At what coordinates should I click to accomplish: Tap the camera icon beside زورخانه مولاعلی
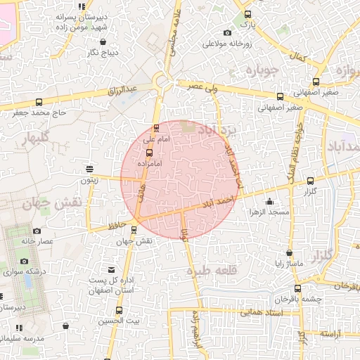[226, 32]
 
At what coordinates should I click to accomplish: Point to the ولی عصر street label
[202, 88]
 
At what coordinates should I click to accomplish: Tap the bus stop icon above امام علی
[156, 128]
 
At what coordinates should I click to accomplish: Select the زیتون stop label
[89, 180]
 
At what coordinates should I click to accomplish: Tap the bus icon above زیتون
[89, 168]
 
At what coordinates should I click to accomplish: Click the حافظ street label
[118, 226]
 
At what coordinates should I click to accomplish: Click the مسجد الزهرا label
[273, 212]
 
